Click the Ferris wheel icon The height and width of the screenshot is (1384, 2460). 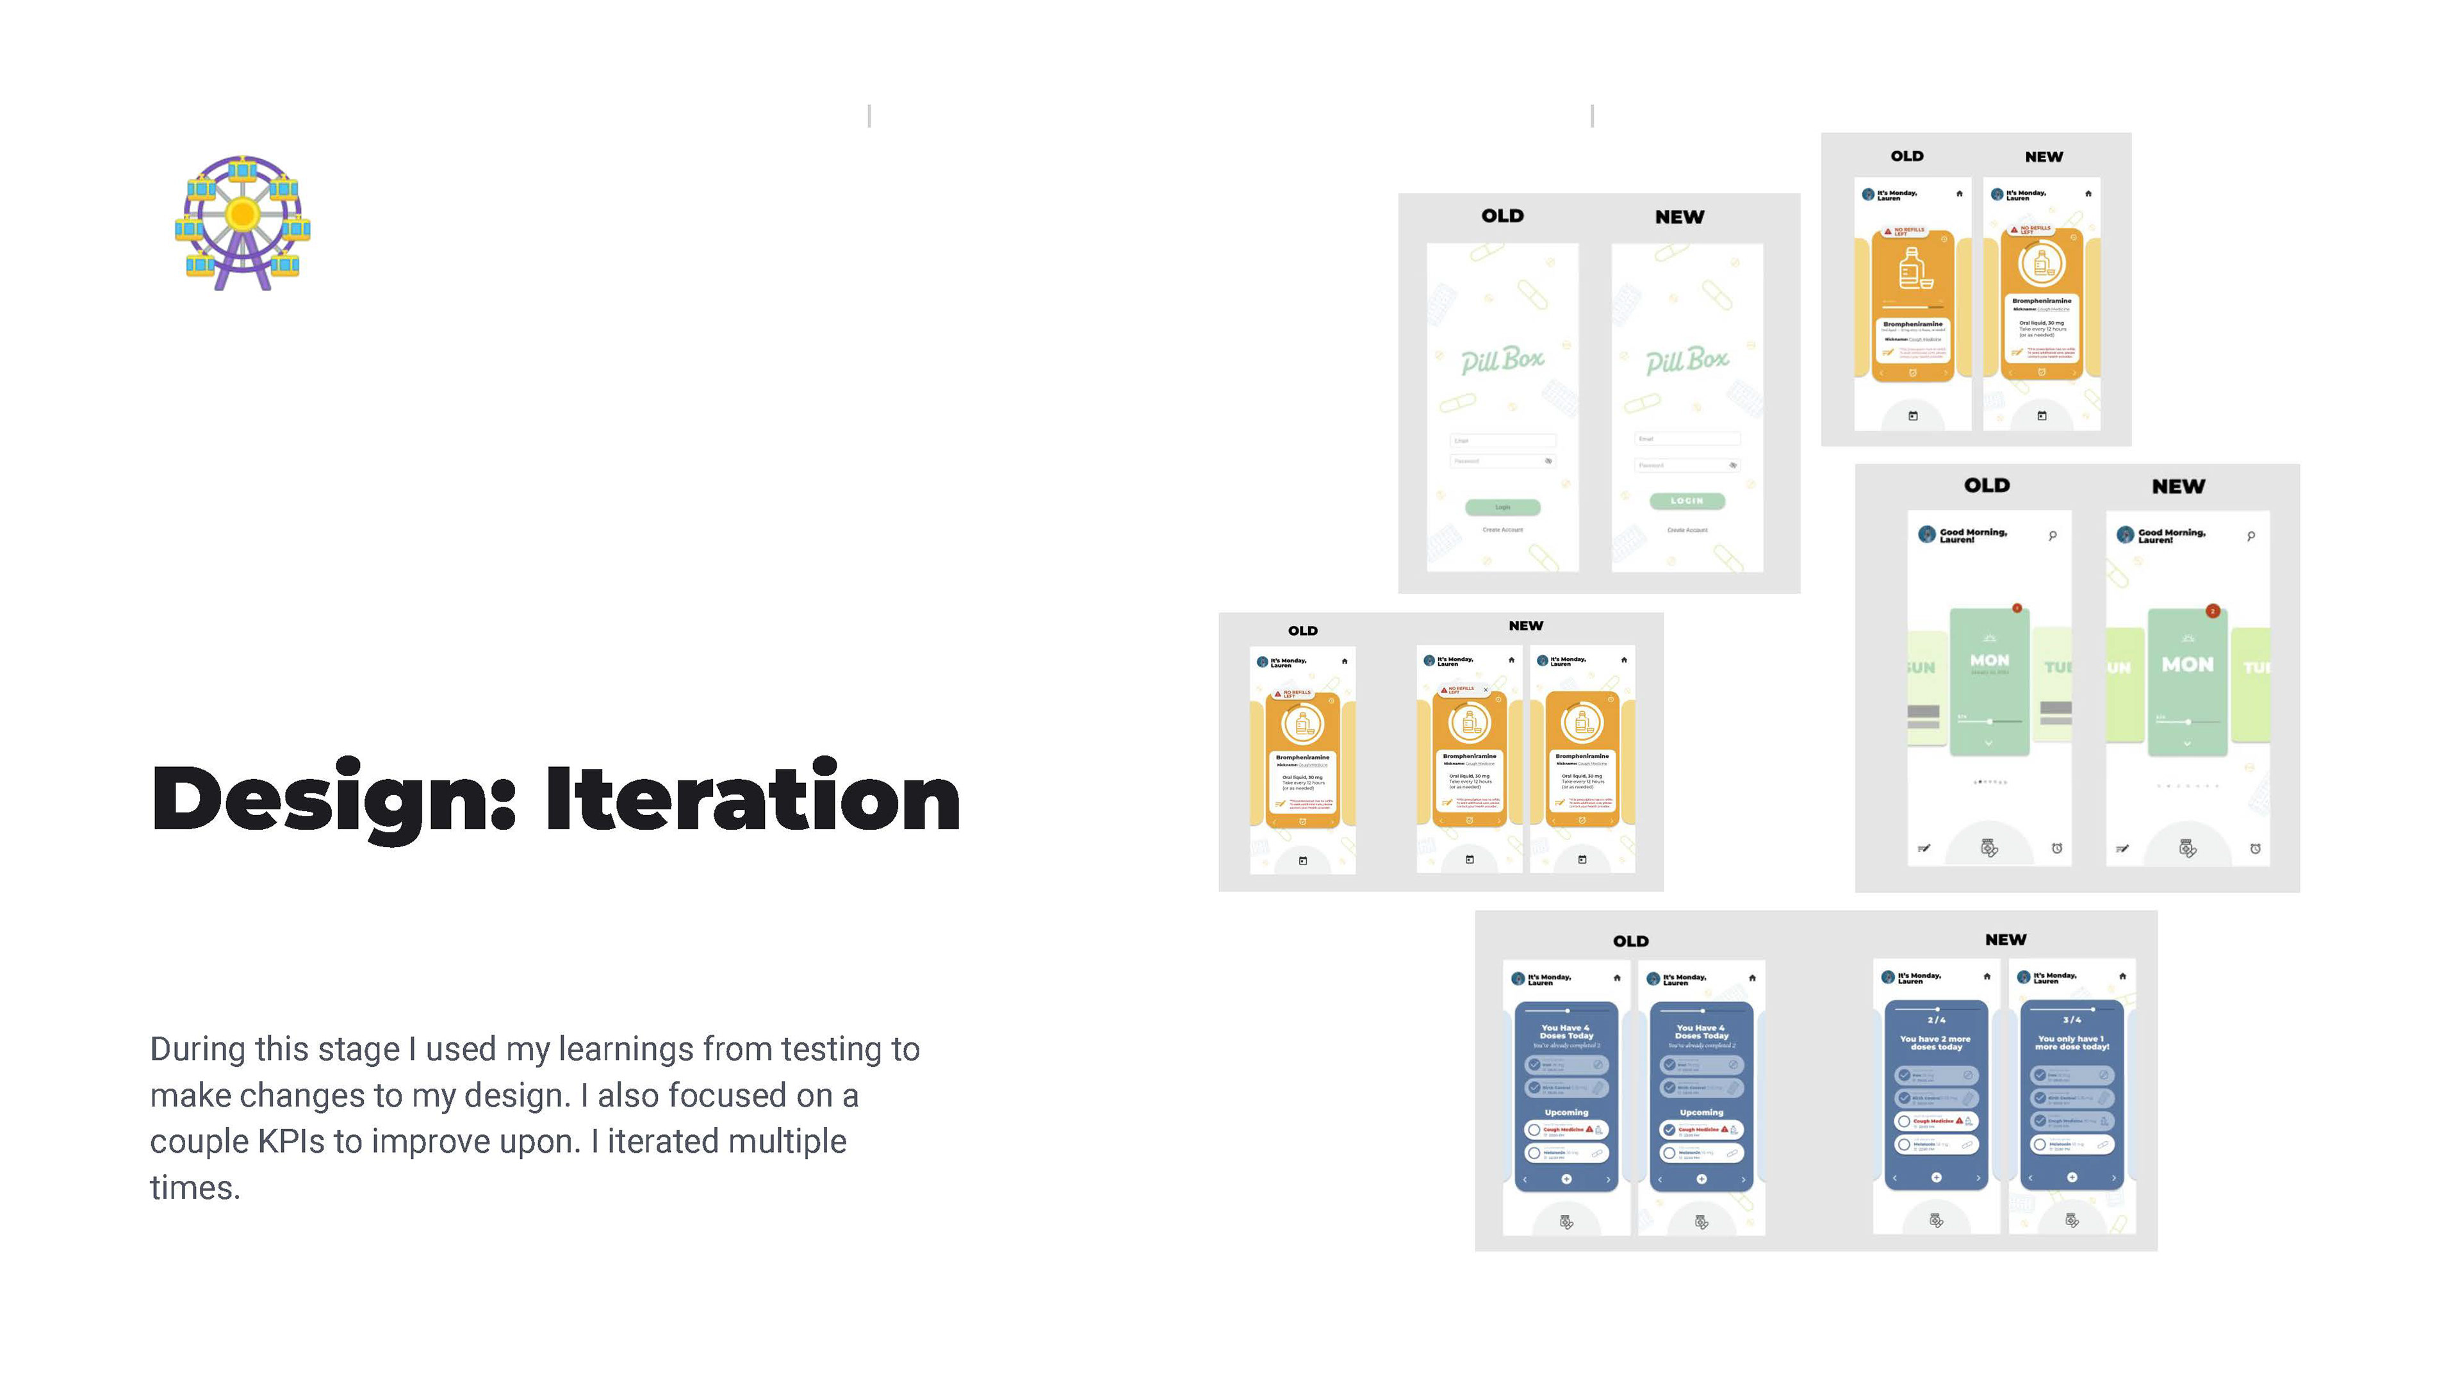tap(243, 222)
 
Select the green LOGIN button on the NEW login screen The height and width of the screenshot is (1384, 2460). tap(1687, 500)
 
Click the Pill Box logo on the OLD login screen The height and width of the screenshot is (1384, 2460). tap(1502, 360)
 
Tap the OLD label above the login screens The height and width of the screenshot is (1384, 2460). tap(1502, 216)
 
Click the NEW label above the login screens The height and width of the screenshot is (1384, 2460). tap(1679, 217)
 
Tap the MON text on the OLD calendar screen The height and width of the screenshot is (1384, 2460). tap(1989, 660)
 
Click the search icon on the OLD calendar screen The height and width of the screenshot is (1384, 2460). tap(2052, 536)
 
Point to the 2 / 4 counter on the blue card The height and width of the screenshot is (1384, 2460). tap(1936, 1020)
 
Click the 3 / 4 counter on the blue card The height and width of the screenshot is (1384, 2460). tap(2071, 1020)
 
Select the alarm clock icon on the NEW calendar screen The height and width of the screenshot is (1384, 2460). tap(2255, 848)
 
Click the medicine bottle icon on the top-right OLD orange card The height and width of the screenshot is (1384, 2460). tap(1912, 268)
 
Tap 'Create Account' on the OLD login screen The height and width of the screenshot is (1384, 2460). tap(1502, 529)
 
